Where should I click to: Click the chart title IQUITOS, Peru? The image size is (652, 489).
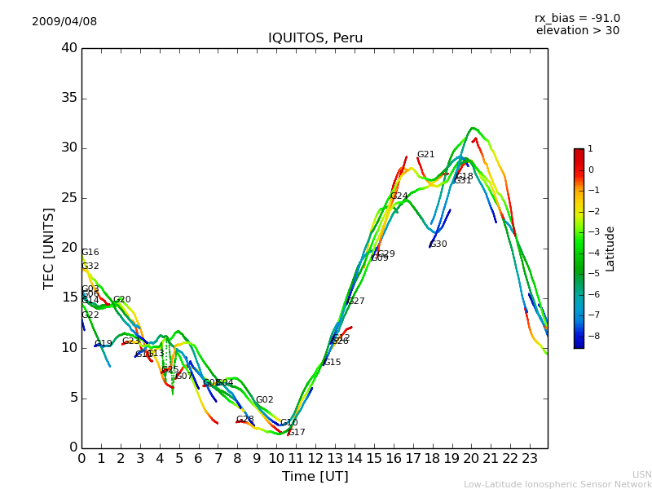pos(315,38)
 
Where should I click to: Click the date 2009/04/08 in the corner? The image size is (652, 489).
pos(64,22)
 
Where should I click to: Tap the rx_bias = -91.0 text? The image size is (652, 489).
pos(577,19)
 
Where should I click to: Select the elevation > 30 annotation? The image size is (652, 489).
pos(577,31)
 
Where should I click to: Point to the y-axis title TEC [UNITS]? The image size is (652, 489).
pos(49,248)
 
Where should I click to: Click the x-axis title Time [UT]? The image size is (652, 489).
pos(315,477)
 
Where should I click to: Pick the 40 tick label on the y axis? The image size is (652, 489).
pos(69,48)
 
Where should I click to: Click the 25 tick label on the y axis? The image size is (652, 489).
pos(69,198)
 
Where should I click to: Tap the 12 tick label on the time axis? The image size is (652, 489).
pos(315,458)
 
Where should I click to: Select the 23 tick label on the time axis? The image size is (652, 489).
pos(530,458)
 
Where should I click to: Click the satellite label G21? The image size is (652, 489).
pos(425,155)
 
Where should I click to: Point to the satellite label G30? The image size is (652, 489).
pos(438,244)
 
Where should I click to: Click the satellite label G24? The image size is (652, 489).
pos(399,196)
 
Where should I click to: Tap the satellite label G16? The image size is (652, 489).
pos(90,253)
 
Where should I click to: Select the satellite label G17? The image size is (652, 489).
pos(297,433)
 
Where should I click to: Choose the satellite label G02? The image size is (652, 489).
pos(264,400)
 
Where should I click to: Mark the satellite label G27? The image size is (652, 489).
pos(356,302)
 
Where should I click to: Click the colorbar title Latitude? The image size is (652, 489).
pos(610,249)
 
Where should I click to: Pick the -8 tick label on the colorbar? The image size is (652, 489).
pos(591,335)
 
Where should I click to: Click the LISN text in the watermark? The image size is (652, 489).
pos(641,474)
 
